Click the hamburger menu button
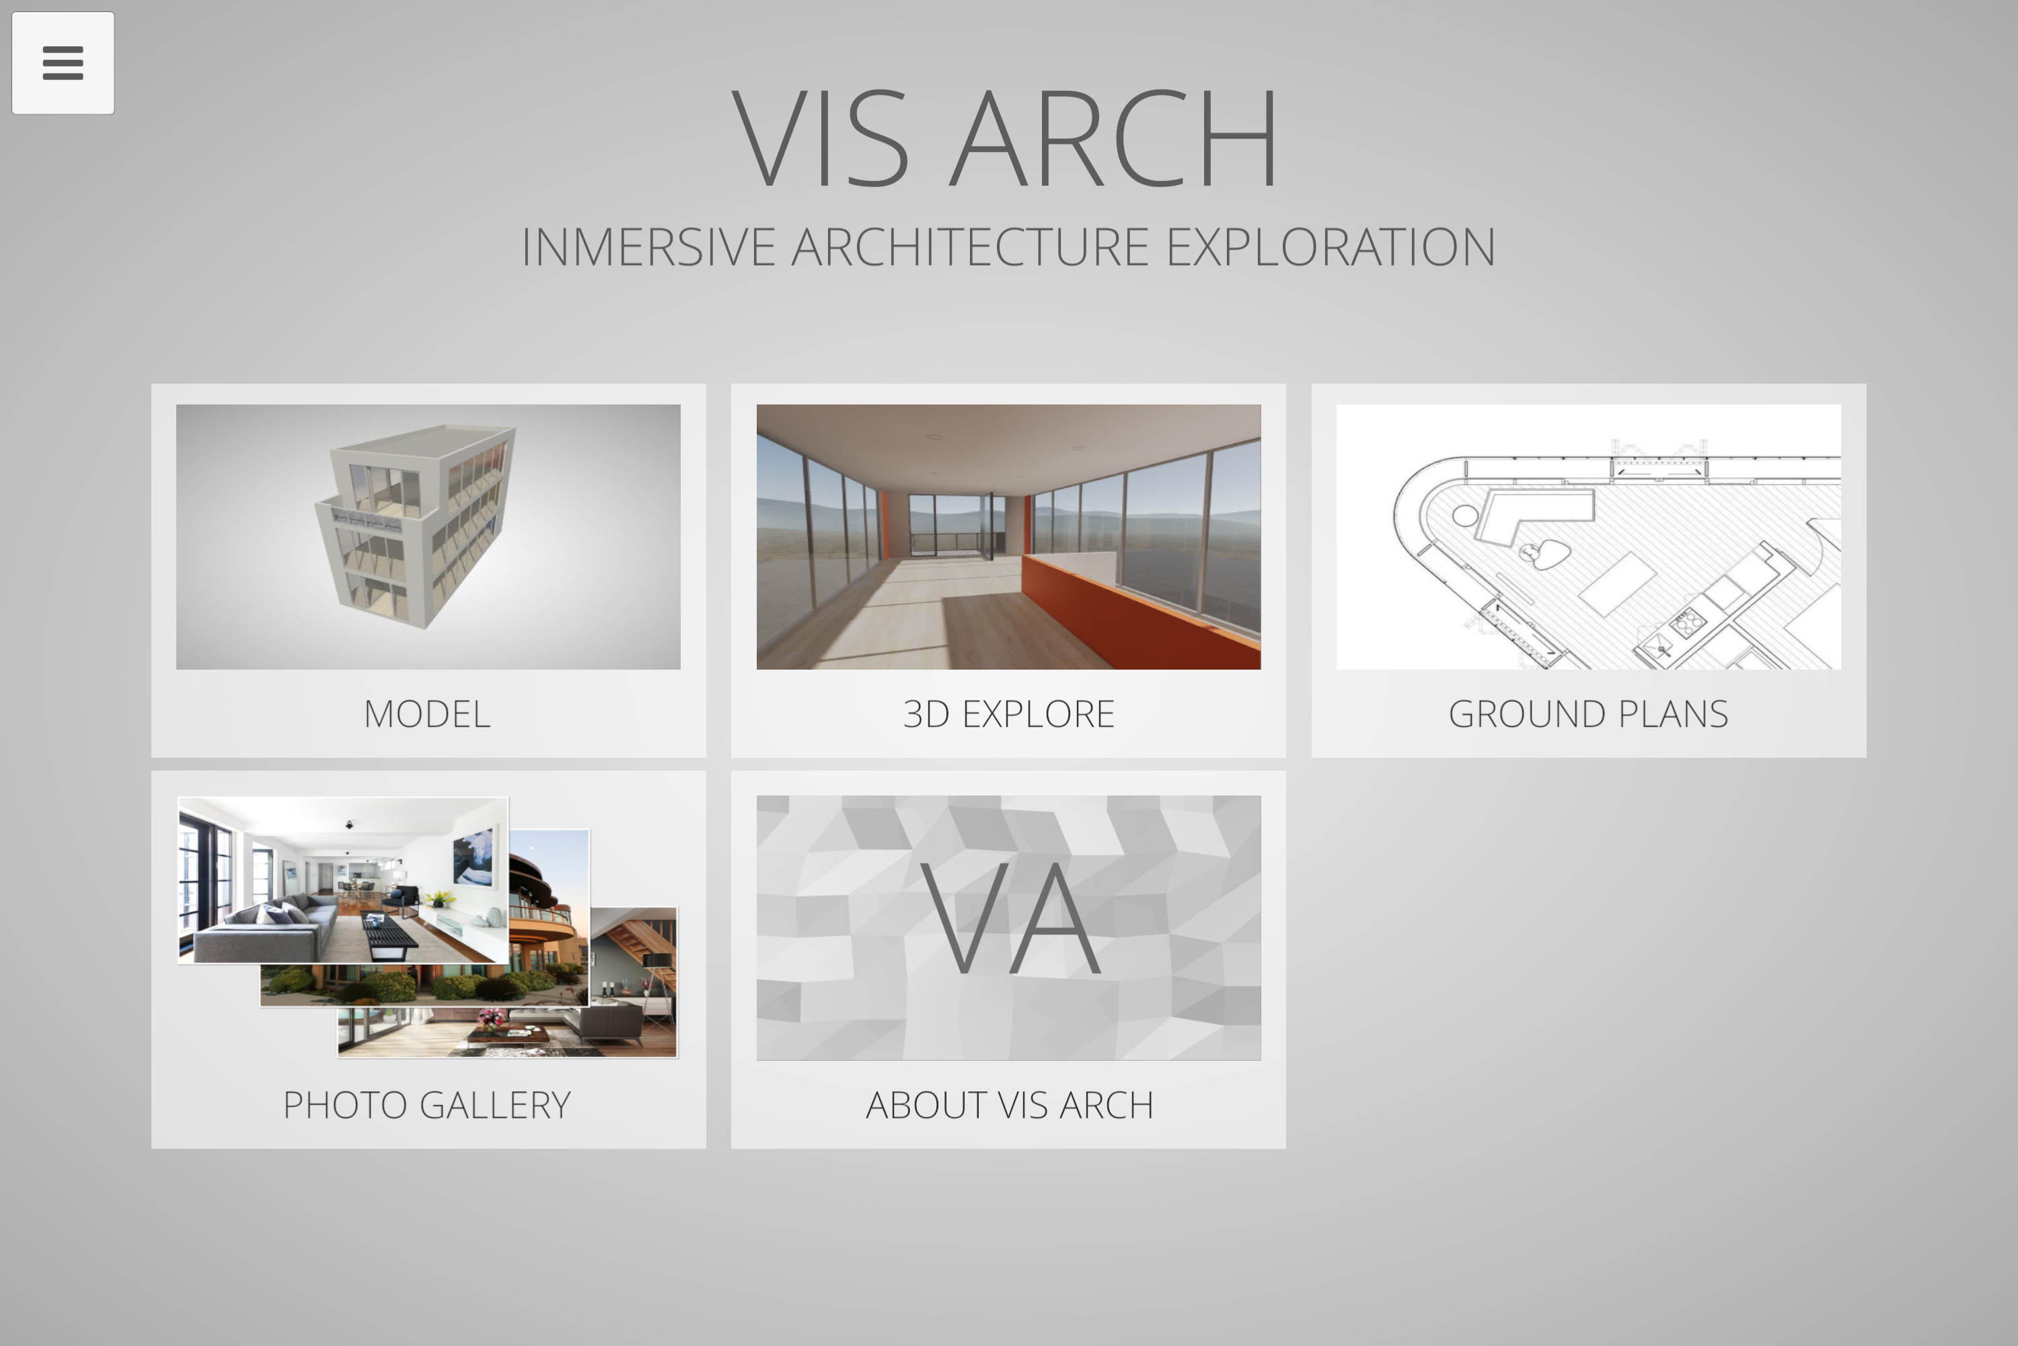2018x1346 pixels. (x=63, y=63)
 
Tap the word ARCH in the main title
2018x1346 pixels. (x=1114, y=138)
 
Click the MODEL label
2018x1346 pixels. (x=427, y=714)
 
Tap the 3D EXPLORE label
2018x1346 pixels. (x=1008, y=714)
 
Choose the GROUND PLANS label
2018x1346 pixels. (x=1588, y=714)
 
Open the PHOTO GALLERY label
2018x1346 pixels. (x=427, y=1105)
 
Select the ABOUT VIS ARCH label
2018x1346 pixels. (x=1009, y=1105)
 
